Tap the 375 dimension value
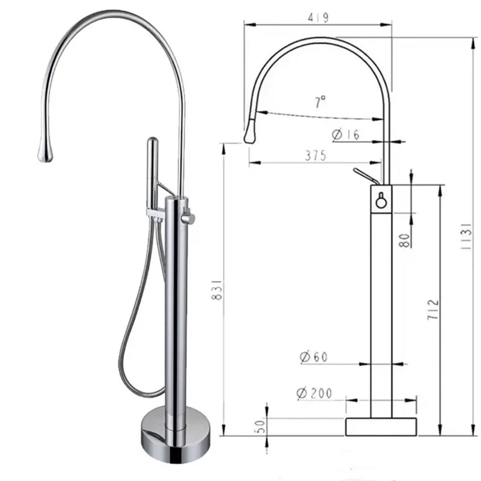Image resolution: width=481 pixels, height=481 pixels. pyautogui.click(x=315, y=156)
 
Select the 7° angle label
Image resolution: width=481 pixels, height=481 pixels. pyautogui.click(x=321, y=101)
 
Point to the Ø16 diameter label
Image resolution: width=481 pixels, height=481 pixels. pyautogui.click(x=346, y=135)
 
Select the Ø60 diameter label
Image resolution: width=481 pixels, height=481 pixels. pyautogui.click(x=314, y=357)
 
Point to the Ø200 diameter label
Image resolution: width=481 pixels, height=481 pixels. pyautogui.click(x=314, y=393)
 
